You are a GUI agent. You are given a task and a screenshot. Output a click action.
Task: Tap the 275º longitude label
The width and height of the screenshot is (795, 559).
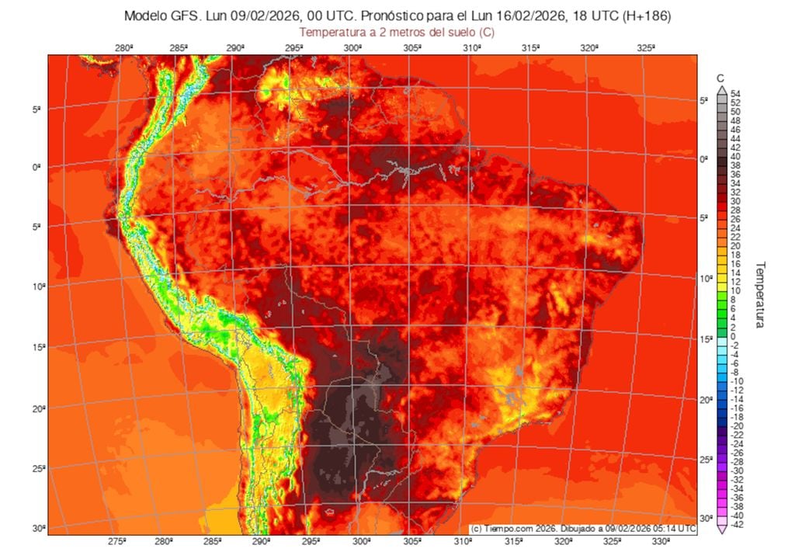(117, 541)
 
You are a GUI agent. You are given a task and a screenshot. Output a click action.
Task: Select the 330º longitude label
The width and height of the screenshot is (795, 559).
(662, 541)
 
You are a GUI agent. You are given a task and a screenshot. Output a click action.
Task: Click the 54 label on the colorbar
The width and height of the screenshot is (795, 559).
(735, 93)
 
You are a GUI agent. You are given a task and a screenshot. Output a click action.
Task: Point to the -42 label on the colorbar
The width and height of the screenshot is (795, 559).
(737, 525)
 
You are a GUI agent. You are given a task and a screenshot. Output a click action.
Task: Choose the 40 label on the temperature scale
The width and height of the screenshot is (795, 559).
(735, 156)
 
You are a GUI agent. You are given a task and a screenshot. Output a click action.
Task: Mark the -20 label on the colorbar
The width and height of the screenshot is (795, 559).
(737, 425)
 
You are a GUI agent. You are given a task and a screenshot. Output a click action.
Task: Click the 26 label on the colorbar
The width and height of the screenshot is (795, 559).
(735, 219)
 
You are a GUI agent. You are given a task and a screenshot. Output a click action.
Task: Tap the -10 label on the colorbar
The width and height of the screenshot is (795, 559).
(737, 380)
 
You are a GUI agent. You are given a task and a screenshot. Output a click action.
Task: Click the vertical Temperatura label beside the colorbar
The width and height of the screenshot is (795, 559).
(760, 294)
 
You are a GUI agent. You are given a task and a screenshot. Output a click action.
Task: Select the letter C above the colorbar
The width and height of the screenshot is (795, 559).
(720, 78)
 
